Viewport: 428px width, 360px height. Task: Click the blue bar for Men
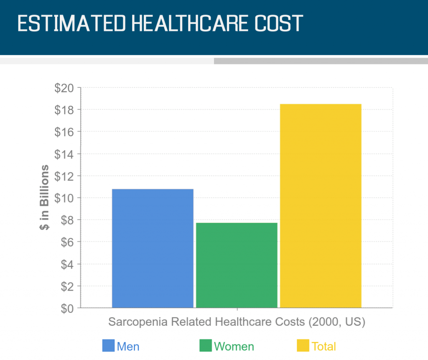[x=153, y=248]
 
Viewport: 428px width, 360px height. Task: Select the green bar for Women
[x=237, y=265]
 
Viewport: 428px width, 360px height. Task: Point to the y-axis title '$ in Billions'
[x=44, y=198]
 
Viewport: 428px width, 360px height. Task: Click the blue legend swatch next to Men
[x=108, y=346]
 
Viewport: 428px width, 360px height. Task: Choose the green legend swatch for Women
[x=206, y=346]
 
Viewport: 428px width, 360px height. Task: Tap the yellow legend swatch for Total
[x=303, y=346]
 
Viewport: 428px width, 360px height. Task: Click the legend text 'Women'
[x=234, y=347]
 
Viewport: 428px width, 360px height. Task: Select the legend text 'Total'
[x=324, y=347]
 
